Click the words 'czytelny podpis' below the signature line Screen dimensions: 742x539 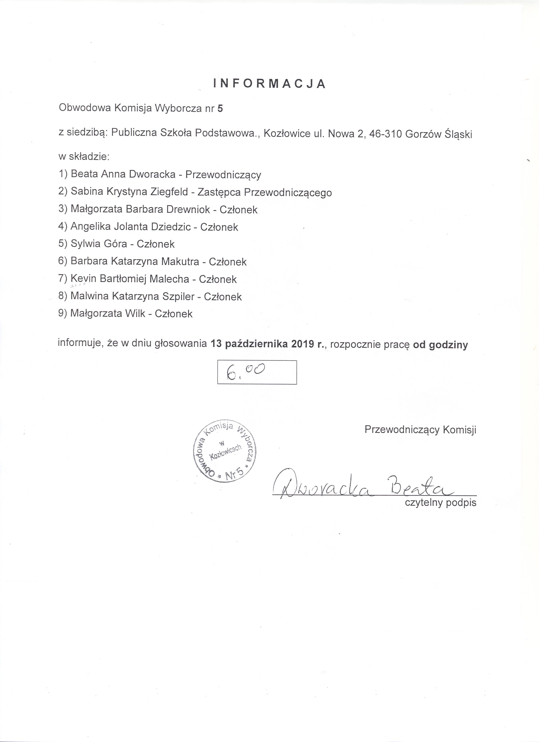click(440, 512)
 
